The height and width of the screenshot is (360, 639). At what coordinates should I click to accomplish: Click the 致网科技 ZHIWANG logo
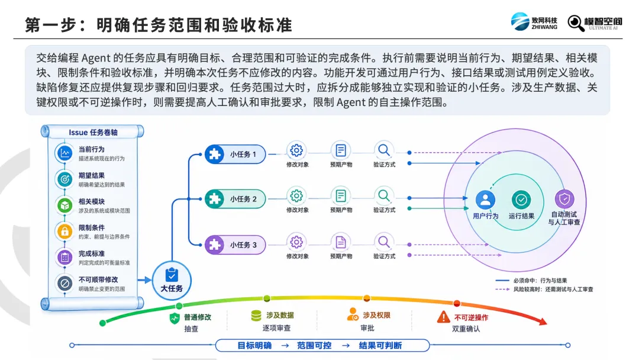pyautogui.click(x=534, y=21)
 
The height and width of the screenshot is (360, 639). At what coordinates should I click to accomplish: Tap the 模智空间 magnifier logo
pyautogui.click(x=595, y=23)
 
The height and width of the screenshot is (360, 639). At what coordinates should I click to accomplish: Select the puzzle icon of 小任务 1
pyautogui.click(x=215, y=154)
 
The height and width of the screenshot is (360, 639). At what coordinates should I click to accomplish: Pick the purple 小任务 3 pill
pyautogui.click(x=235, y=245)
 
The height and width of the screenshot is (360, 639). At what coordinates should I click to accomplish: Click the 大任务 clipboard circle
pyautogui.click(x=172, y=281)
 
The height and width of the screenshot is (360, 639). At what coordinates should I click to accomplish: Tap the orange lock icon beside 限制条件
pyautogui.click(x=64, y=232)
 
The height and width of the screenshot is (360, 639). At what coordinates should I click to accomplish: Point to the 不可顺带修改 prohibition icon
pyautogui.click(x=64, y=284)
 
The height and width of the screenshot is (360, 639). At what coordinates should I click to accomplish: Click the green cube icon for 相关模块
pyautogui.click(x=64, y=205)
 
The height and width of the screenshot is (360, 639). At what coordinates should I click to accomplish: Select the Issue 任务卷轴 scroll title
pyautogui.click(x=93, y=133)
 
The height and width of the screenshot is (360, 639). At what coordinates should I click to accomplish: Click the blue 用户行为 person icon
pyautogui.click(x=485, y=200)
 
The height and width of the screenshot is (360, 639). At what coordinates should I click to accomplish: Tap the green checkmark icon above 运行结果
pyautogui.click(x=521, y=200)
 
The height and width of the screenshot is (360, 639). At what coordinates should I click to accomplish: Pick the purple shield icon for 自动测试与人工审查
pyautogui.click(x=564, y=199)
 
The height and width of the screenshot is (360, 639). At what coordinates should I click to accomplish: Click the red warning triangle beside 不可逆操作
pyautogui.click(x=443, y=317)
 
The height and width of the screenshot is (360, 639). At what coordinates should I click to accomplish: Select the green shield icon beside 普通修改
pyautogui.click(x=175, y=318)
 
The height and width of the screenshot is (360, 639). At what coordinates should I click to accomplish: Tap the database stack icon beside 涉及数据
pyautogui.click(x=256, y=316)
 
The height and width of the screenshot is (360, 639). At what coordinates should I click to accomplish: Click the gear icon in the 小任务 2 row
pyautogui.click(x=296, y=196)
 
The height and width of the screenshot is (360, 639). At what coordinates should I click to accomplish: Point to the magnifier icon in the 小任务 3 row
pyautogui.click(x=383, y=242)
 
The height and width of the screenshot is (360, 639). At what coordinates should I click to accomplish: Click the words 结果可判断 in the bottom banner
pyautogui.click(x=380, y=346)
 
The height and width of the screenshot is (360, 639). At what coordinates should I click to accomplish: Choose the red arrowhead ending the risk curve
pyautogui.click(x=543, y=322)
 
